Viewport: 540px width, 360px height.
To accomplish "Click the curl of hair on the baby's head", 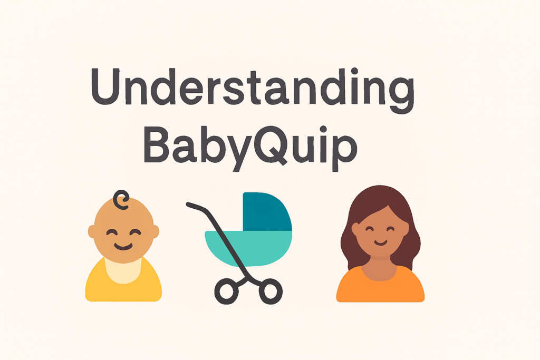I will (122, 200).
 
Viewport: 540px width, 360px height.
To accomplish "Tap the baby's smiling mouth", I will (123, 246).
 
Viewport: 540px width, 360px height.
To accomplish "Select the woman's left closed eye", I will (369, 230).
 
